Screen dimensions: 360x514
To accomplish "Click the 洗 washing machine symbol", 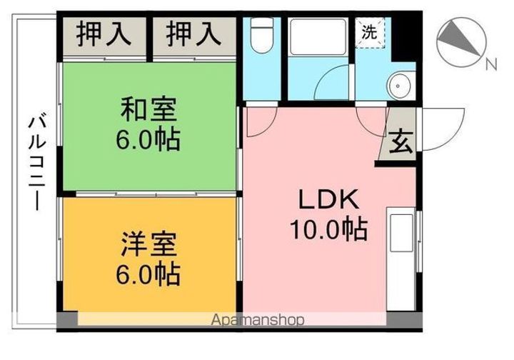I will click(371, 32).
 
